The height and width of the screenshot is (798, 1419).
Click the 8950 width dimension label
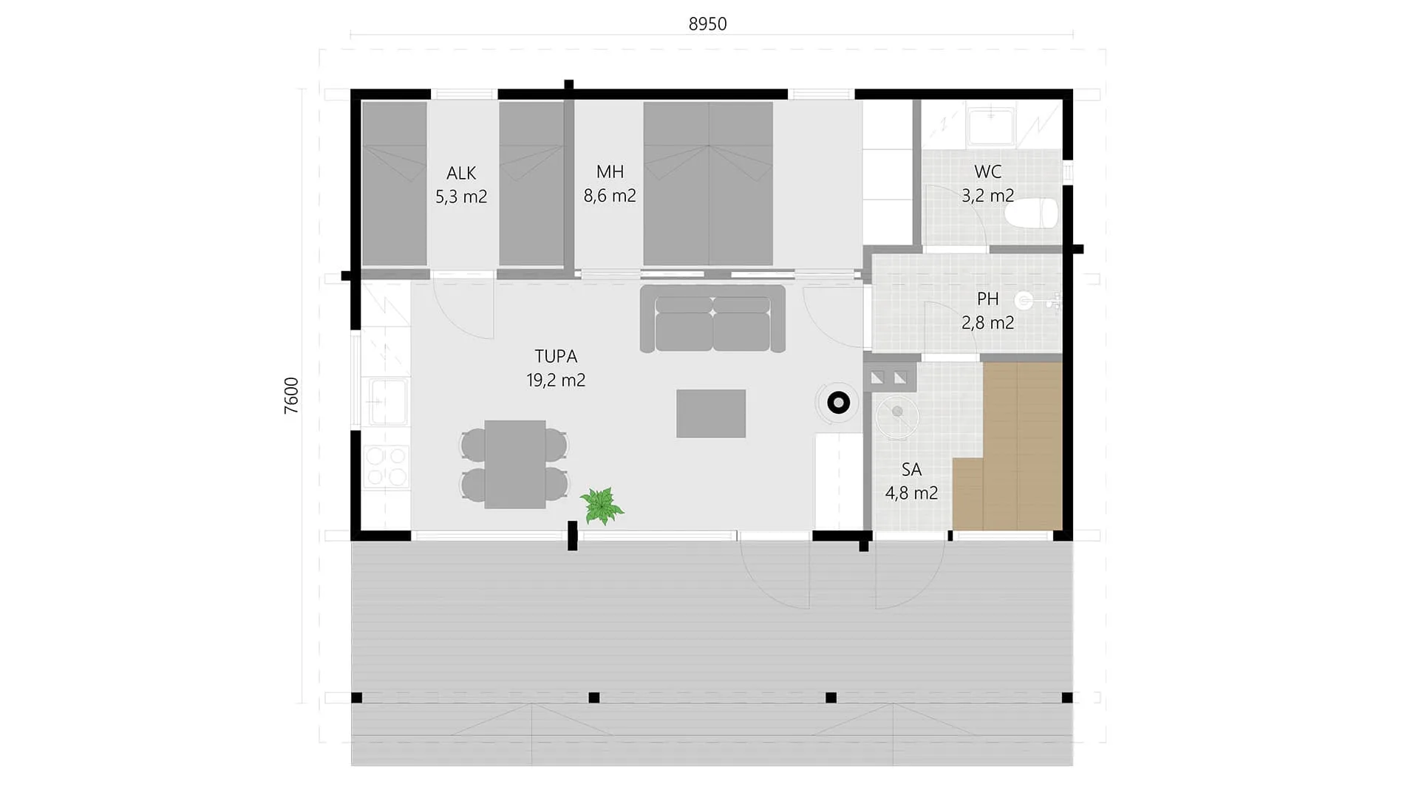(x=707, y=24)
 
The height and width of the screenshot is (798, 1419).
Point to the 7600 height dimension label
(x=291, y=395)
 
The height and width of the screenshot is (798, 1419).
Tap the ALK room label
(x=461, y=173)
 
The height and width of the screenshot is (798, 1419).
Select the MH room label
(x=610, y=171)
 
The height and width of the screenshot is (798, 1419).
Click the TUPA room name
(x=556, y=356)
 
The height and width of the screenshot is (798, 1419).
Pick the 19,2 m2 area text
(x=556, y=380)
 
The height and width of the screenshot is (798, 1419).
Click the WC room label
(x=987, y=171)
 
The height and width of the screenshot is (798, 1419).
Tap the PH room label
(x=987, y=299)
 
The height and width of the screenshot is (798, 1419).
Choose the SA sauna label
(x=911, y=469)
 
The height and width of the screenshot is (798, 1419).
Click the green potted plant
(x=602, y=505)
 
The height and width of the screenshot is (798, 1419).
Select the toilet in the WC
(x=1031, y=214)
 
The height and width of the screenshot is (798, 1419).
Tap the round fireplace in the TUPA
(x=838, y=403)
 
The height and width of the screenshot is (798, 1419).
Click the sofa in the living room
(x=712, y=318)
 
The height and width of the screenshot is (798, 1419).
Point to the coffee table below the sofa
(x=710, y=414)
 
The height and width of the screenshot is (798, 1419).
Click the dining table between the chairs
(x=515, y=465)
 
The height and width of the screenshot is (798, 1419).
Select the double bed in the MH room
(x=708, y=183)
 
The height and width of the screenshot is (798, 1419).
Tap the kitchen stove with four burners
(x=386, y=466)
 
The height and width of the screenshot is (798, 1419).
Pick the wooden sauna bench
(x=1007, y=446)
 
